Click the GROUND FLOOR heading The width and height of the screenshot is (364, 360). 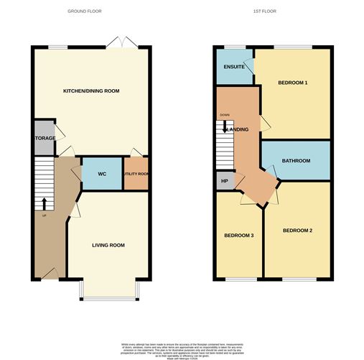tap(85, 11)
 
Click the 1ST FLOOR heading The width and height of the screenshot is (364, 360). tap(264, 11)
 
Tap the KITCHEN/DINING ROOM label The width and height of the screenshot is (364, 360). tap(91, 91)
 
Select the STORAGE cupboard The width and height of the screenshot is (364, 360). tap(43, 138)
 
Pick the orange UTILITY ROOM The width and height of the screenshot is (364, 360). tap(136, 174)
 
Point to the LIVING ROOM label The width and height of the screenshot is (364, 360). tap(108, 245)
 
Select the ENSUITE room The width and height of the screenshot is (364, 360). tap(234, 68)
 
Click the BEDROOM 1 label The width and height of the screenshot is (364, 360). tap(293, 83)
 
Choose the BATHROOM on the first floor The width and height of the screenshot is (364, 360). tap(295, 161)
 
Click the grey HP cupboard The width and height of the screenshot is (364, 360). tap(224, 181)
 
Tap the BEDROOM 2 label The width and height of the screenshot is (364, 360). tap(297, 231)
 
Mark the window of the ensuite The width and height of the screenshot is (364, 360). tap(231, 47)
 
